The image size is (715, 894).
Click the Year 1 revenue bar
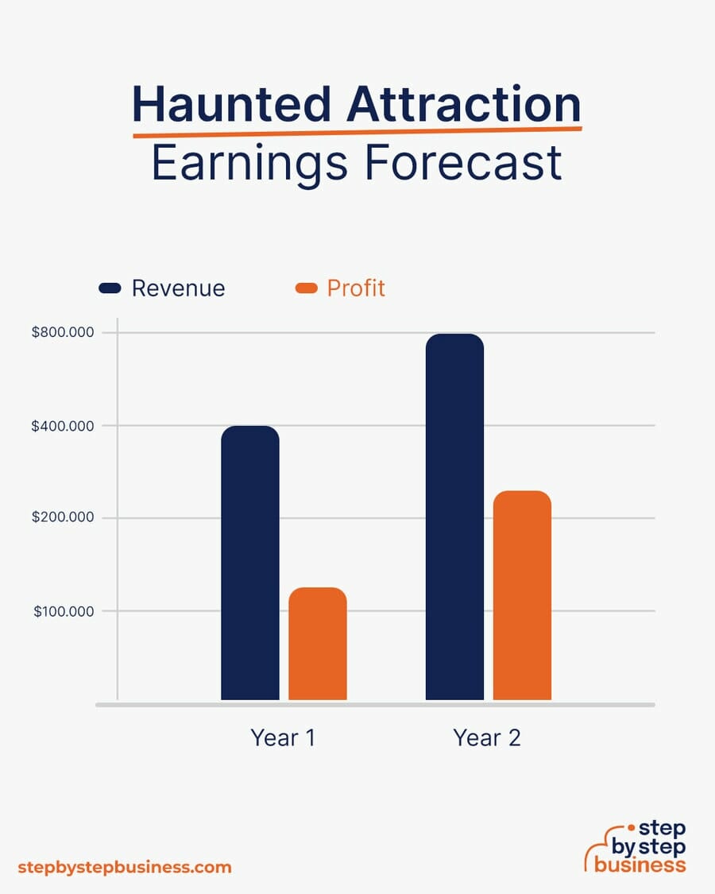click(250, 563)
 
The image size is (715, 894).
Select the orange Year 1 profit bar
click(318, 644)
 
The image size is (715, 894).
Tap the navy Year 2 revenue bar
click(455, 517)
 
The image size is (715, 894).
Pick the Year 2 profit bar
click(522, 595)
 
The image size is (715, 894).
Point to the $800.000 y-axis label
click(63, 332)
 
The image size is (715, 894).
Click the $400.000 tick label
click(63, 426)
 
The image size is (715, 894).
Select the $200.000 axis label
click(63, 517)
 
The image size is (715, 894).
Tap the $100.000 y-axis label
click(64, 611)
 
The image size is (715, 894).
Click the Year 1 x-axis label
click(283, 737)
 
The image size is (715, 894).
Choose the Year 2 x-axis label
click(487, 737)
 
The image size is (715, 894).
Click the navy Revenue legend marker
click(110, 288)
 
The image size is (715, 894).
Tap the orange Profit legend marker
click(306, 288)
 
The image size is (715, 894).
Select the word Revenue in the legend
click(179, 288)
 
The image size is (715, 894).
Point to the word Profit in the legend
click(356, 288)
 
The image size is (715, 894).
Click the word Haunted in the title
click(231, 104)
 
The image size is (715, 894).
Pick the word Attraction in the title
click(464, 104)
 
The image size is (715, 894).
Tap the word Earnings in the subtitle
click(249, 164)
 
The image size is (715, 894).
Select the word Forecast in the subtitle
click(463, 162)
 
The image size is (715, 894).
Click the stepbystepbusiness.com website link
click(125, 867)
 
